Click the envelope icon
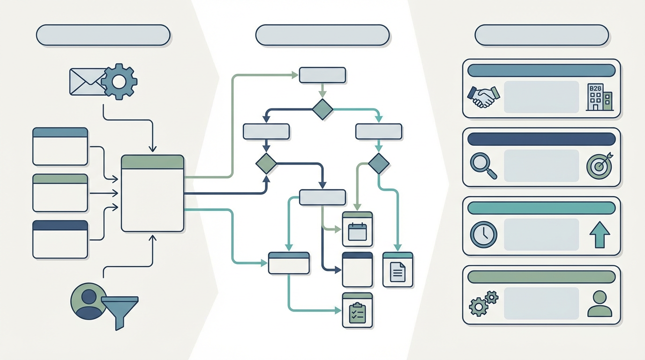coord(87,82)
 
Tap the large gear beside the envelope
coord(119,82)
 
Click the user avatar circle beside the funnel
coord(88,300)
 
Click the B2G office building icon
coord(599,97)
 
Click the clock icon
coord(483,234)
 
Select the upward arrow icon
coord(599,234)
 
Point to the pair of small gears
coord(483,303)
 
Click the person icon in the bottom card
coord(599,303)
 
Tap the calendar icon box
coord(357,229)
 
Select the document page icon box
coord(397,270)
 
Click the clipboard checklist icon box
coord(357,310)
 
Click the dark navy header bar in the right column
coord(541,139)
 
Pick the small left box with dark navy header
coord(60,239)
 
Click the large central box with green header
coord(152,193)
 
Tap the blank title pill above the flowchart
coord(322,35)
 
